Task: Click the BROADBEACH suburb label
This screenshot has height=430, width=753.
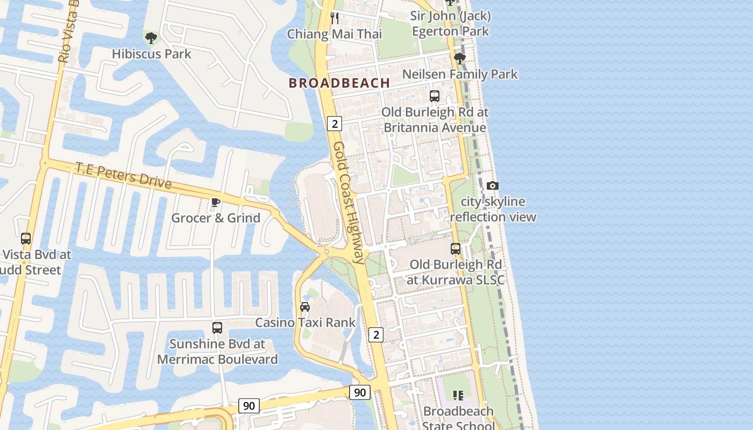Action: [x=339, y=83]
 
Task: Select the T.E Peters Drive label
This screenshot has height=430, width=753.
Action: [x=123, y=176]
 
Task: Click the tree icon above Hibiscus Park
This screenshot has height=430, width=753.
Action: [x=151, y=38]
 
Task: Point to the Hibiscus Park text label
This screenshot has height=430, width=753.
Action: [x=151, y=54]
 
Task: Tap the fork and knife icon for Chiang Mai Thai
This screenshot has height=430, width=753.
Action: [x=335, y=18]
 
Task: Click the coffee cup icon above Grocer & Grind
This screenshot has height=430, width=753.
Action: [x=216, y=202]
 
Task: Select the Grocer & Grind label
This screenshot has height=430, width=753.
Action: [x=216, y=218]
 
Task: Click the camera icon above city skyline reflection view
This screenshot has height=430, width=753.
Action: [x=492, y=186]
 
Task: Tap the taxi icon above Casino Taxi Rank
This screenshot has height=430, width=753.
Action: [x=305, y=307]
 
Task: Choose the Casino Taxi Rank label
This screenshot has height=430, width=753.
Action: [x=305, y=322]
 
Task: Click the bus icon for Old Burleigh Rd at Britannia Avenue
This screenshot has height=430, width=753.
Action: [x=435, y=96]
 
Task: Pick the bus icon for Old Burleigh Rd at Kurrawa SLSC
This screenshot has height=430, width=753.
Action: [x=456, y=249]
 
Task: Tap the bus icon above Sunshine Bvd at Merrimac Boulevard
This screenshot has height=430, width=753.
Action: [x=217, y=328]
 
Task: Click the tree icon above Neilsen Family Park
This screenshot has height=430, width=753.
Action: [x=459, y=58]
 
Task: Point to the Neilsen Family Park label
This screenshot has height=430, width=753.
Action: [x=459, y=74]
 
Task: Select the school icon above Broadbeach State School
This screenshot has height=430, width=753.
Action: [x=458, y=396]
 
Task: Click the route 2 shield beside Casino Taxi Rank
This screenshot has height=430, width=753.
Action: [x=376, y=335]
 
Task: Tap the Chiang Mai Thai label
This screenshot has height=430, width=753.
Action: [x=335, y=34]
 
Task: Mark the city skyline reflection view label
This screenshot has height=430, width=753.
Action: [x=493, y=209]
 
